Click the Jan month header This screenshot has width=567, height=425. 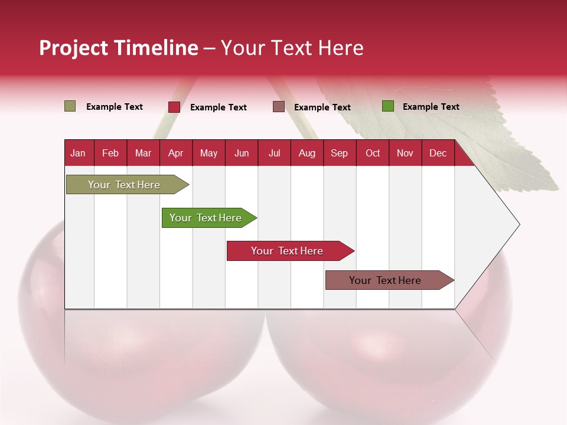78,153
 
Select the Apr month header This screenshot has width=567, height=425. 175,153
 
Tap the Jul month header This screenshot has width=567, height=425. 274,153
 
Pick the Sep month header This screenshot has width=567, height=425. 339,153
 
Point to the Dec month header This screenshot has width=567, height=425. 438,153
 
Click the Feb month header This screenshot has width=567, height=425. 110,153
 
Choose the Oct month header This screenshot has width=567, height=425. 373,153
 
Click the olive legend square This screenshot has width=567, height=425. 70,106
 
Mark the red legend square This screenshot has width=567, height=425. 174,107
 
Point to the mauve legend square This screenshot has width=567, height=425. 279,107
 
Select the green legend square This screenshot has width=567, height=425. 388,106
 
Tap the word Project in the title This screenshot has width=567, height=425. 73,48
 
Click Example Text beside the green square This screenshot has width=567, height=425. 431,107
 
